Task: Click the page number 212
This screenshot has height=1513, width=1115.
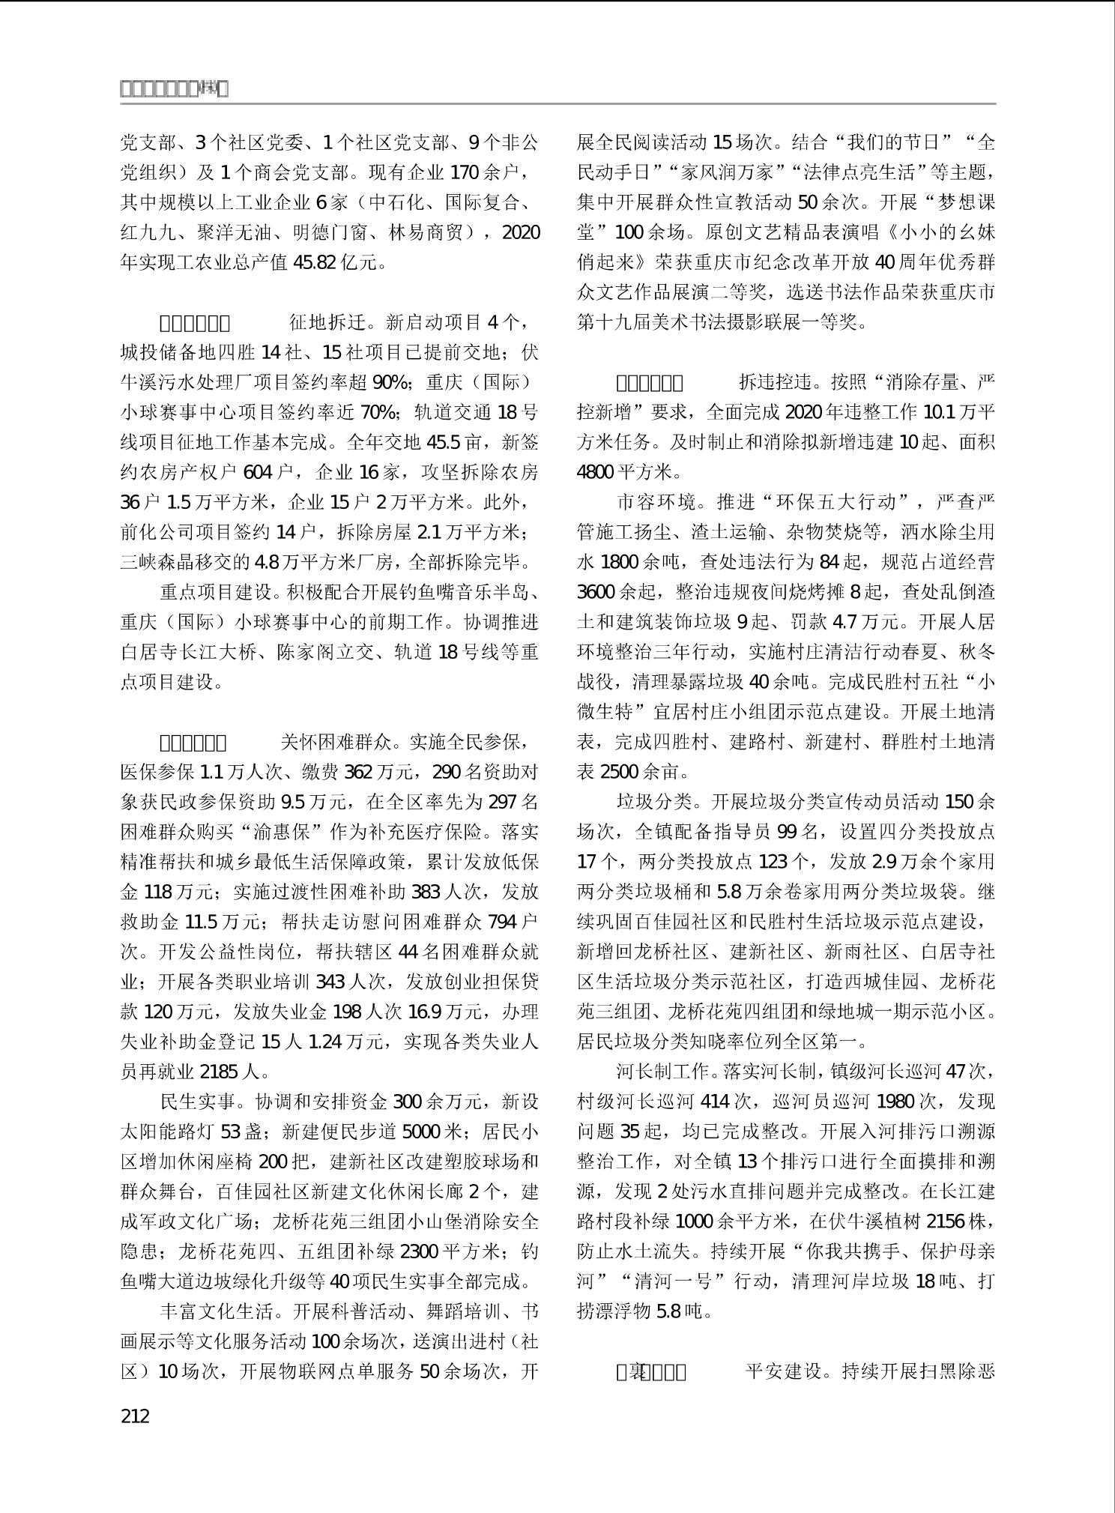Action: pyautogui.click(x=135, y=1416)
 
